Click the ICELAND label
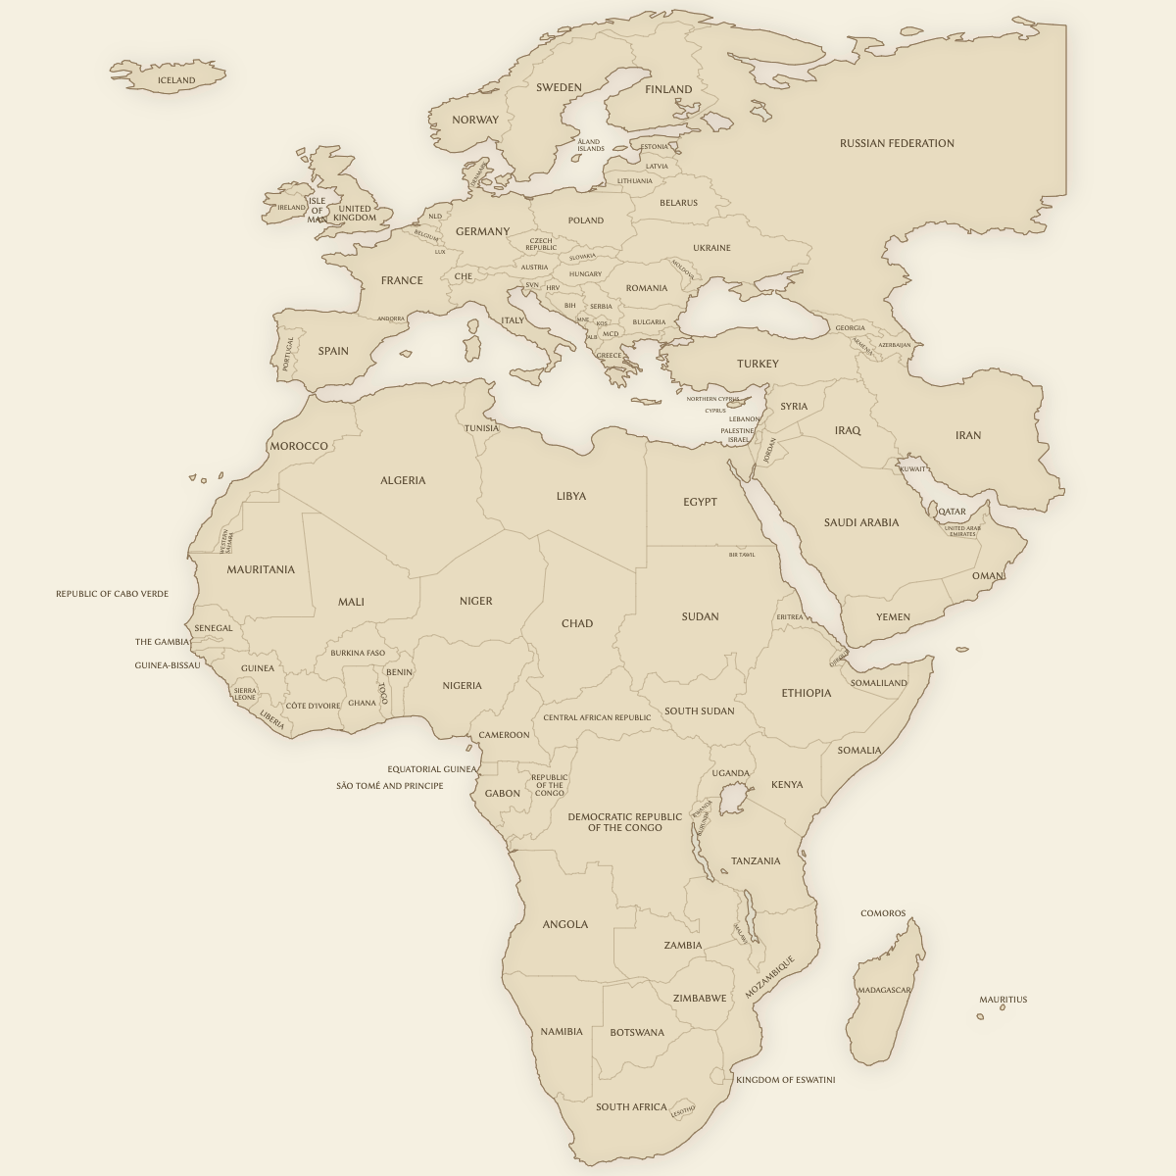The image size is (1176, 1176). (176, 80)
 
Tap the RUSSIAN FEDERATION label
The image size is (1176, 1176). (897, 143)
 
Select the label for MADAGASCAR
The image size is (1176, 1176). (884, 990)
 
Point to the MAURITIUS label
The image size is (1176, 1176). (1003, 1000)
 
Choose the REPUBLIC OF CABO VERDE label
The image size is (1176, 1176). (112, 594)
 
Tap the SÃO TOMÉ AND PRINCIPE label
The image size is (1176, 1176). (389, 786)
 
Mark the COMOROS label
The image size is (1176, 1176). (883, 913)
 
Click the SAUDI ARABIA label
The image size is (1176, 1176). (860, 522)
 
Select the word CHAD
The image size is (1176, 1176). (577, 623)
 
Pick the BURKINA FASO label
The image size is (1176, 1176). (358, 653)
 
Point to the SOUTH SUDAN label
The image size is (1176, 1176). (699, 711)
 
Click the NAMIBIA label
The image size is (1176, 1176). (562, 1031)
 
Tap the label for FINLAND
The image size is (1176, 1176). (668, 89)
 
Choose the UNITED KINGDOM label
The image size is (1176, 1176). (355, 213)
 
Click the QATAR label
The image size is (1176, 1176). (952, 512)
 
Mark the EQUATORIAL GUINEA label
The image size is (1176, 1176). (431, 769)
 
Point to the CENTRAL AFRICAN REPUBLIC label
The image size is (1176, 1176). (597, 717)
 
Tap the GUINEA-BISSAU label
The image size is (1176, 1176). (167, 665)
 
